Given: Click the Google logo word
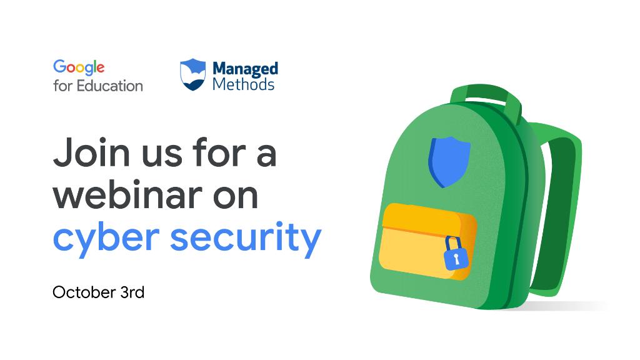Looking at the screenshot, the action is coord(79,67).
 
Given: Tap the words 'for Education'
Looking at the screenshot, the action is coord(98,86).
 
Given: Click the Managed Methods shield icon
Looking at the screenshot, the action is coord(192,74).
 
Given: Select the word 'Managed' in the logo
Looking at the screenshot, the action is coord(245,69).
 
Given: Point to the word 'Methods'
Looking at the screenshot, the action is coord(243,84).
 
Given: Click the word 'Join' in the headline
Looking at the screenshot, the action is coord(91,152).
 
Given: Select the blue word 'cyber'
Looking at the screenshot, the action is coord(106,238).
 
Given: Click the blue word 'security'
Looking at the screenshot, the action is coord(246,238).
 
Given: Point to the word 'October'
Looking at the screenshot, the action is coord(84,292).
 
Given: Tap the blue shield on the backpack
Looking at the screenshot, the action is coord(449,162).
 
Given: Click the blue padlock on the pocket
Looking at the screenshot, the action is coord(455,254).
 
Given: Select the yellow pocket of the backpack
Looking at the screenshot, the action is coord(427,242).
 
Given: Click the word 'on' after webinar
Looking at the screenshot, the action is coord(236,198).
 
